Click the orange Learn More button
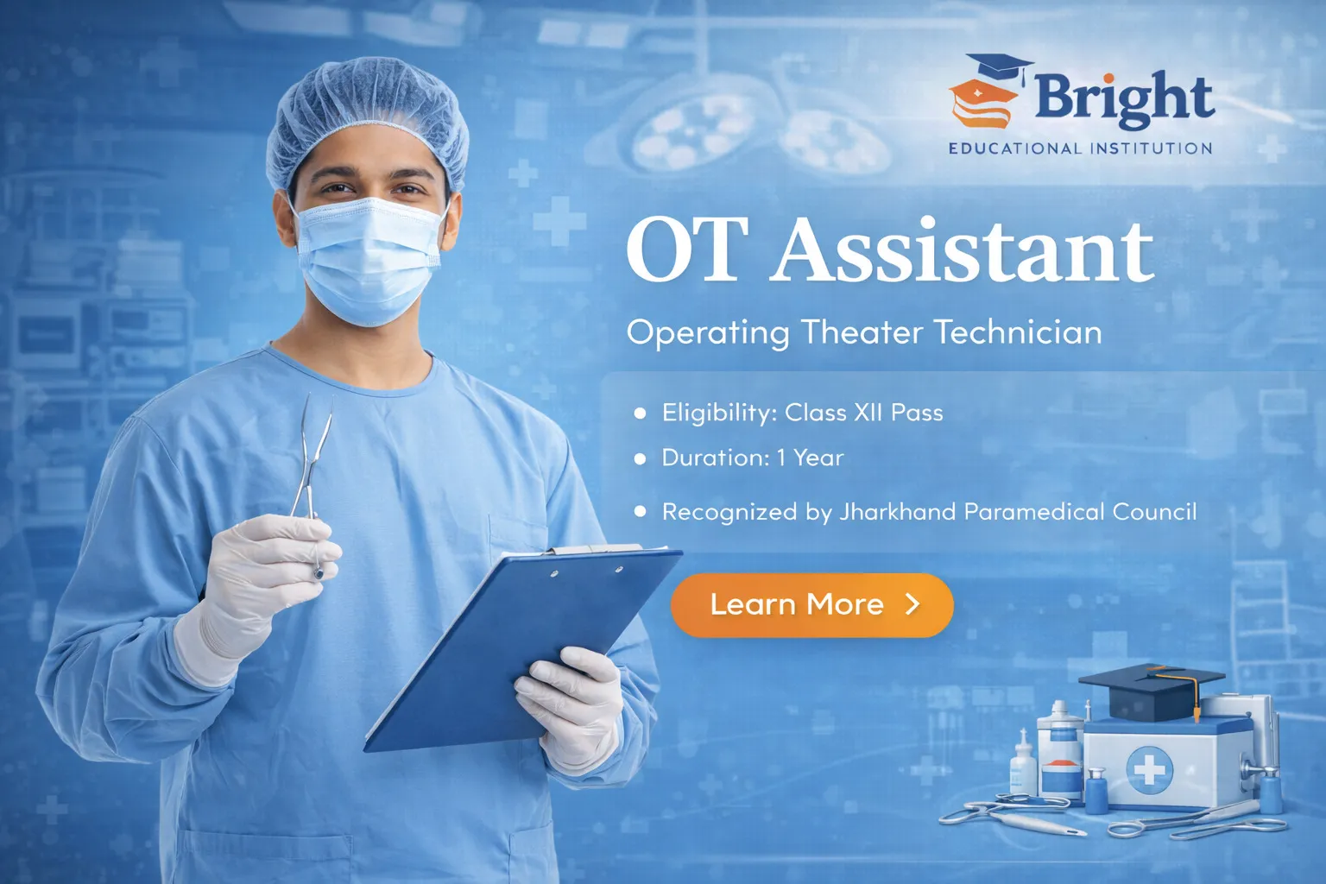click(811, 604)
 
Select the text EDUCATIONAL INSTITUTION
click(1080, 148)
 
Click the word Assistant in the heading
click(963, 251)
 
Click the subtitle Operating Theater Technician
click(864, 332)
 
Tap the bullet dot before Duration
click(640, 459)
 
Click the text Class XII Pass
click(863, 413)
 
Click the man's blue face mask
click(369, 261)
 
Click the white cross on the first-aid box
click(1149, 770)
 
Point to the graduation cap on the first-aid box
click(1152, 691)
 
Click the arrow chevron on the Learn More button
click(913, 604)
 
